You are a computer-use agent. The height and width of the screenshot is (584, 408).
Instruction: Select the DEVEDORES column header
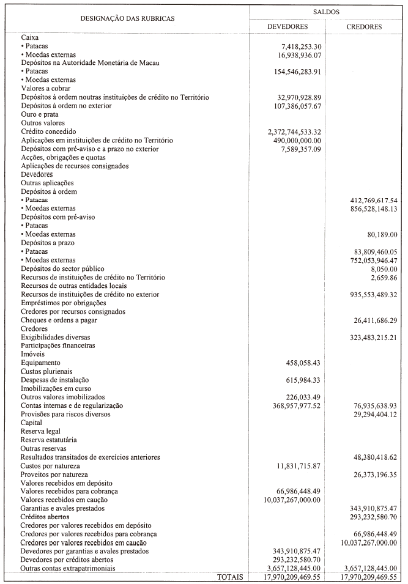pyautogui.click(x=287, y=27)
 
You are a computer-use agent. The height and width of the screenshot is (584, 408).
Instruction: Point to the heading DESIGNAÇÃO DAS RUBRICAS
pyautogui.click(x=128, y=18)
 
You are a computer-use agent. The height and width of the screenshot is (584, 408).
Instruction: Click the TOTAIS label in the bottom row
pyautogui.click(x=229, y=577)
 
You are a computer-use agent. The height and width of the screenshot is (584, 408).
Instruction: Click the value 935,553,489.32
pyautogui.click(x=368, y=294)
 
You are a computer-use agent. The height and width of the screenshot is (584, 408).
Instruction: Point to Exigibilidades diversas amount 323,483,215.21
pyautogui.click(x=368, y=337)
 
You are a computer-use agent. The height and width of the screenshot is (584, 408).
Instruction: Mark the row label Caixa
pyautogui.click(x=30, y=37)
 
